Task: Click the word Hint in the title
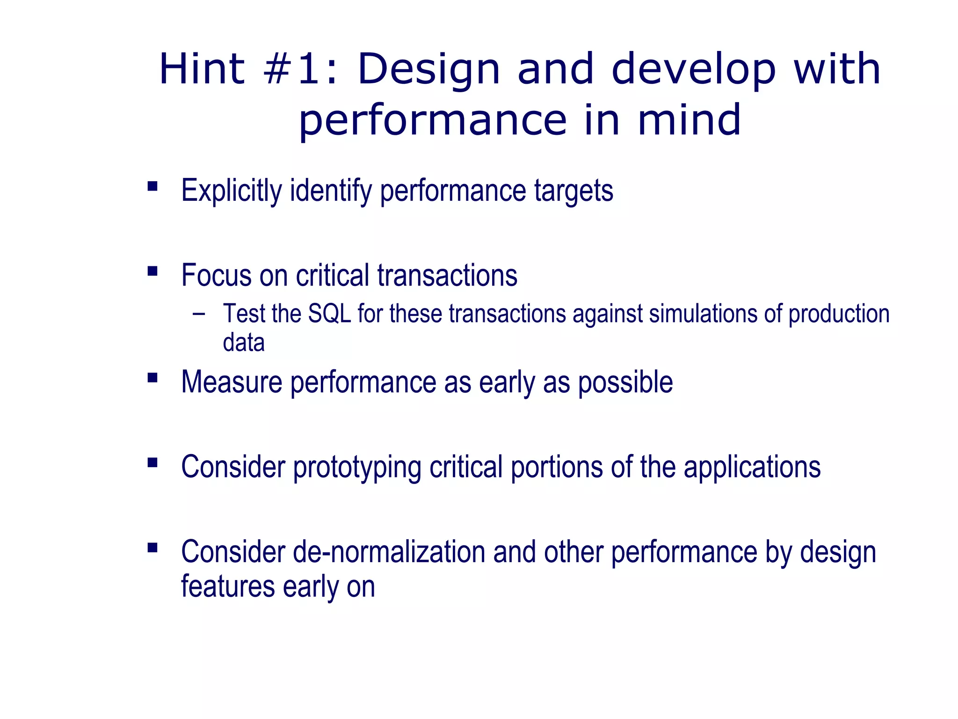click(x=202, y=69)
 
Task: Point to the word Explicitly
click(x=232, y=191)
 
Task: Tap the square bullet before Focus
click(x=152, y=271)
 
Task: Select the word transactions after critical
click(x=447, y=275)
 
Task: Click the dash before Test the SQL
click(x=199, y=313)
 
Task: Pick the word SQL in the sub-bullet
click(x=329, y=314)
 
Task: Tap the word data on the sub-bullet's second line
click(x=244, y=343)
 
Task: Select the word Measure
click(x=232, y=382)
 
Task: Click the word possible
click(x=625, y=383)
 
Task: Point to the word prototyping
click(x=357, y=467)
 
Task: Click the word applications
click(x=752, y=467)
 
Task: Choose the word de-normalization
click(x=389, y=552)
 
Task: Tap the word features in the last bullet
click(x=228, y=587)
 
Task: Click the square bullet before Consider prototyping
click(x=152, y=462)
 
